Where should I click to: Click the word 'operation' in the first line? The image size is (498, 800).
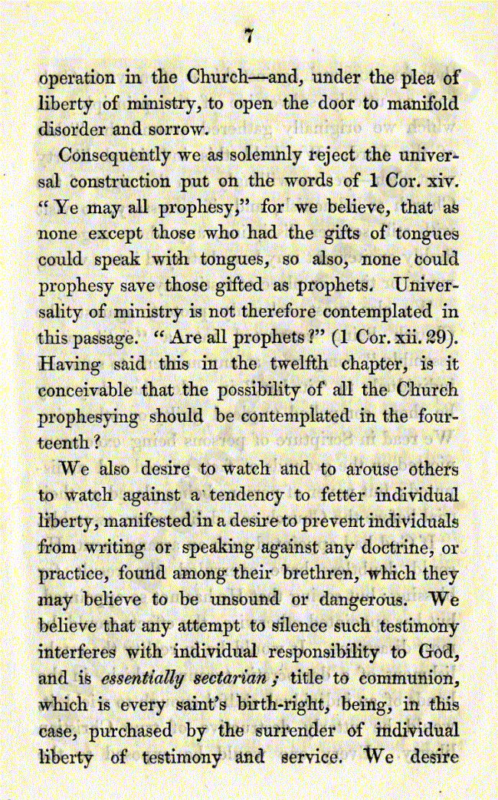click(x=77, y=79)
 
